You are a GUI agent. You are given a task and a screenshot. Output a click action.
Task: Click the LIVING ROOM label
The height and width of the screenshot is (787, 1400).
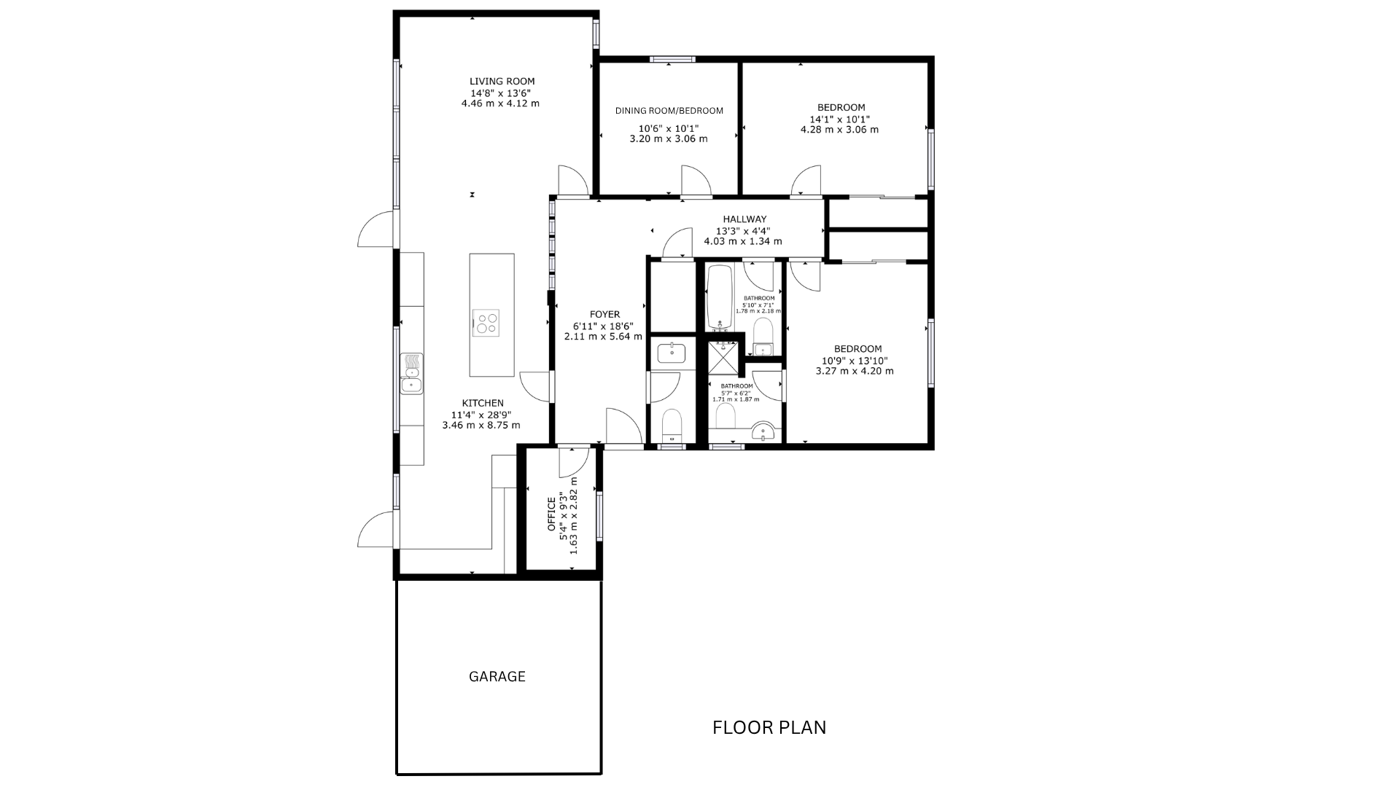[502, 82]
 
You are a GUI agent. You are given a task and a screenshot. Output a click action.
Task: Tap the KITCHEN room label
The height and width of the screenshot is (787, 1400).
[483, 403]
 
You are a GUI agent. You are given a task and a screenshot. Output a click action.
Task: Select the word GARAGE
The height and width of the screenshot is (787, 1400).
[497, 676]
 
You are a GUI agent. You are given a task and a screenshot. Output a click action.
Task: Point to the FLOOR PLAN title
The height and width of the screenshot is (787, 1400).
[769, 727]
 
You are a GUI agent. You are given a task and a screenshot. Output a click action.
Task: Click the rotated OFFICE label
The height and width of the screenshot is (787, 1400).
[551, 514]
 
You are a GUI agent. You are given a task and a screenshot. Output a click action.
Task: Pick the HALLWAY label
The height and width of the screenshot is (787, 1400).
[744, 219]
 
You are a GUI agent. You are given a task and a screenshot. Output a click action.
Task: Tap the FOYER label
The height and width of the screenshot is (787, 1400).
[604, 315]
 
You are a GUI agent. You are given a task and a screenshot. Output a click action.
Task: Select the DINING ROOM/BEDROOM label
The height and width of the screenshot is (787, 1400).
[669, 111]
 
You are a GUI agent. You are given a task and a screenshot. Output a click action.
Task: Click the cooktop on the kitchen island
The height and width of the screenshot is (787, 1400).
[486, 322]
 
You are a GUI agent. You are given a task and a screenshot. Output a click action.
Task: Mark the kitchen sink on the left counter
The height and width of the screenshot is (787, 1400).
[412, 373]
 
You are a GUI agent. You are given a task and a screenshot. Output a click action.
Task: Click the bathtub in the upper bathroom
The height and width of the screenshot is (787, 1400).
[720, 297]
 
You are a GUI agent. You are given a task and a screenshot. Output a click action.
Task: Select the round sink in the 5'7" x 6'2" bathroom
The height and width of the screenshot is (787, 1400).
[763, 432]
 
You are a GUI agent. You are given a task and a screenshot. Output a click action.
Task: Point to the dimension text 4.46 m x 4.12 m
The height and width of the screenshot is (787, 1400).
[500, 103]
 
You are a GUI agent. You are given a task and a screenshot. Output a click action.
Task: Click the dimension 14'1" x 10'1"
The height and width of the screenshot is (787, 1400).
[840, 120]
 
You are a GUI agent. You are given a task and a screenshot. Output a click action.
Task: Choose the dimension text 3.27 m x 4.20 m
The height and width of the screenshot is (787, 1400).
[855, 371]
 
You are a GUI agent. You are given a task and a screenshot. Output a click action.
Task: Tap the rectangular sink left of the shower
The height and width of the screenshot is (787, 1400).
[671, 353]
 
